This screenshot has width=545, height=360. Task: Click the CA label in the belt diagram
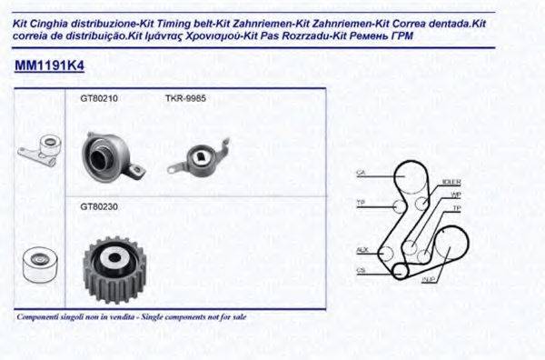361,173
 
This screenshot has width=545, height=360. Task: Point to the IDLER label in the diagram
451,181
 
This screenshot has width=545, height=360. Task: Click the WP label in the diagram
457,194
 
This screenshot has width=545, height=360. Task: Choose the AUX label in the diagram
362,249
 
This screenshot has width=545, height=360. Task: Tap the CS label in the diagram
361,270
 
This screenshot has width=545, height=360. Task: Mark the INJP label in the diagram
429,279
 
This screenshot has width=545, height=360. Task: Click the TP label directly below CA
361,201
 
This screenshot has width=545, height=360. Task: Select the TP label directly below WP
458,207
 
